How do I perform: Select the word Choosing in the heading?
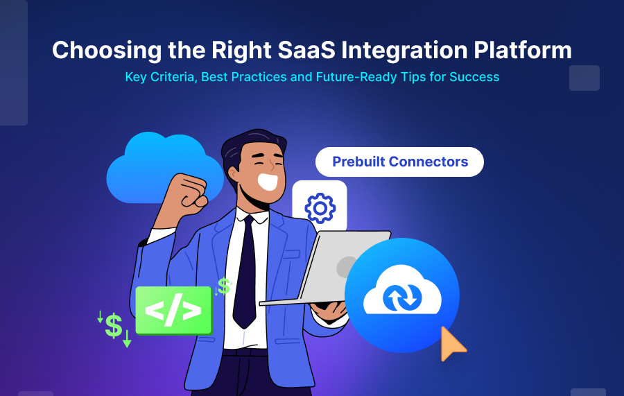(100, 50)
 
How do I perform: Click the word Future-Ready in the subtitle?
(354, 76)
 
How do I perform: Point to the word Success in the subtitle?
(474, 76)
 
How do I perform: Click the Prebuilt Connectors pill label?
(399, 162)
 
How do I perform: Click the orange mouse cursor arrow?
(451, 343)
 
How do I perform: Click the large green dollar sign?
(114, 326)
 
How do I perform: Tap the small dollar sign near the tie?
(224, 286)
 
